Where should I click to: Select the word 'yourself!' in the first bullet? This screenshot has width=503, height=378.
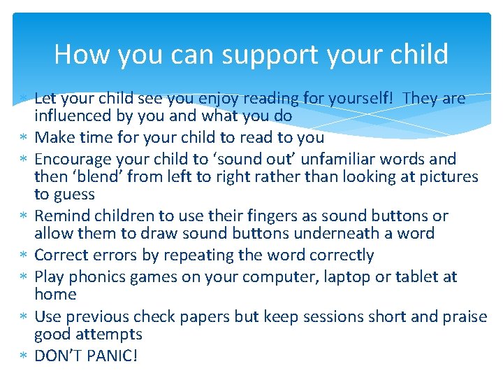[x=361, y=99]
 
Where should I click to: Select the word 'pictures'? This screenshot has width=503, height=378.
[x=448, y=177]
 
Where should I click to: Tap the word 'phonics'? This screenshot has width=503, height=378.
[x=104, y=277]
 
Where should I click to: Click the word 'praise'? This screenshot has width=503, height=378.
[x=463, y=317]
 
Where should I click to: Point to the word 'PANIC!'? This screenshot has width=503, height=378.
[x=112, y=356]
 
